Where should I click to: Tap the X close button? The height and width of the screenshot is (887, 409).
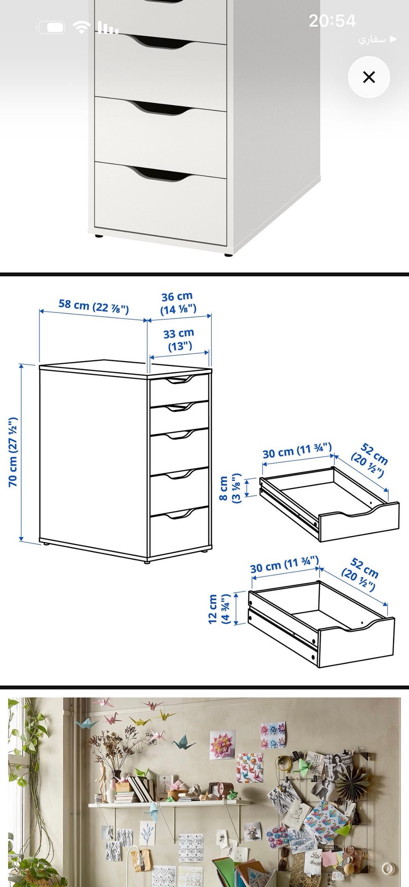click(369, 77)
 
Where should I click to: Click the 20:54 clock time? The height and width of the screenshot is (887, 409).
click(332, 21)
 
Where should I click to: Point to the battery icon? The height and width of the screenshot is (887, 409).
click(52, 28)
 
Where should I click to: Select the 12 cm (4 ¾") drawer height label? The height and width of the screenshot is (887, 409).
click(219, 609)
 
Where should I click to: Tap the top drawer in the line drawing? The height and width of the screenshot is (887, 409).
click(179, 389)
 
